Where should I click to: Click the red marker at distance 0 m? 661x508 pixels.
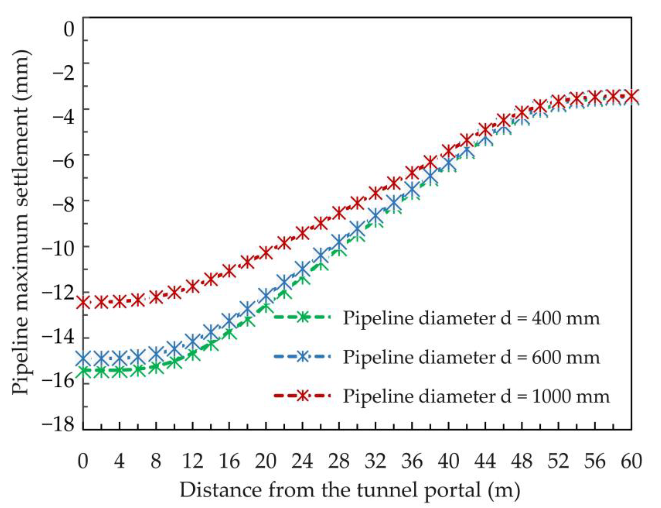[x=83, y=302]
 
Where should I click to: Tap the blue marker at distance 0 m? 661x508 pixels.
[x=83, y=358]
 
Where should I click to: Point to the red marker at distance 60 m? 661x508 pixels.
[x=631, y=96]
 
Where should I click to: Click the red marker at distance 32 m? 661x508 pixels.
[x=375, y=193]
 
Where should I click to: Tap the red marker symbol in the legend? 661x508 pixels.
[x=302, y=396]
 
